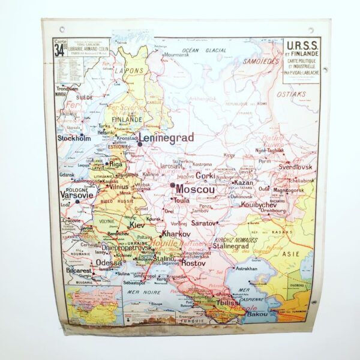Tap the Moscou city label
(x=195, y=188)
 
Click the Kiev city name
(x=137, y=225)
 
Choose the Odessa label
(x=109, y=263)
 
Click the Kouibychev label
(x=259, y=203)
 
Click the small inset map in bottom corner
(x=93, y=307)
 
